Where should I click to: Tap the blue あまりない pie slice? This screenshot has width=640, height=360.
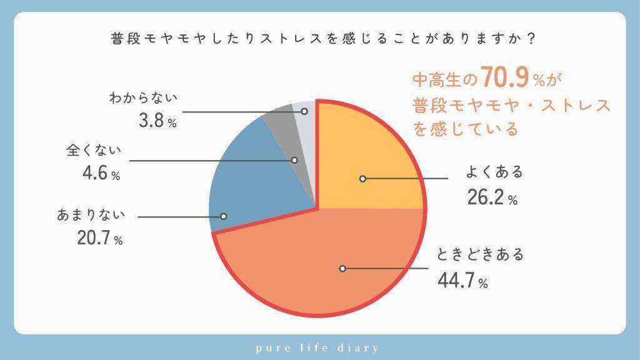coord(250,181)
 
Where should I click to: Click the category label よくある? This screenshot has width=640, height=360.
coord(494,172)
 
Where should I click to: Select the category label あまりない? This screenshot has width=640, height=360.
coord(92,216)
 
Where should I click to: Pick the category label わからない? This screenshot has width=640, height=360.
coord(144,98)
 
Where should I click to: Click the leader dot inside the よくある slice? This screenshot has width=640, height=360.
coord(362,179)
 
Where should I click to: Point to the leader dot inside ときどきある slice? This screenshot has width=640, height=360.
coord(342,269)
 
